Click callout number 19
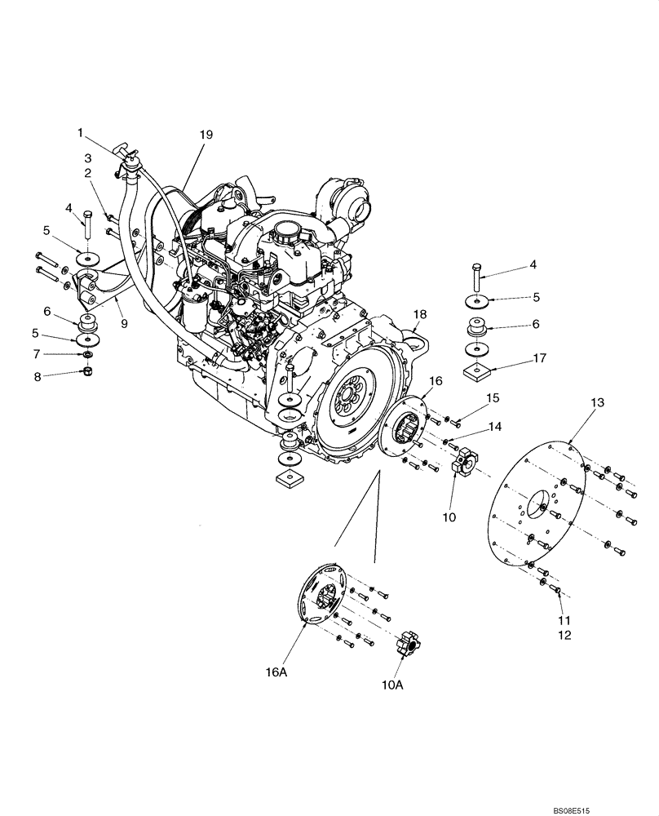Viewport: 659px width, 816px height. (x=205, y=135)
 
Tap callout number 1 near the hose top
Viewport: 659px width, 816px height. (x=81, y=131)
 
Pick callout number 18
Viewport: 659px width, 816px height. (x=419, y=315)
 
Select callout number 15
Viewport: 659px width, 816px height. (x=491, y=397)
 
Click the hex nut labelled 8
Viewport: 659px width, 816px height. (x=86, y=374)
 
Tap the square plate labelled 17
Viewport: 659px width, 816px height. (x=475, y=373)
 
